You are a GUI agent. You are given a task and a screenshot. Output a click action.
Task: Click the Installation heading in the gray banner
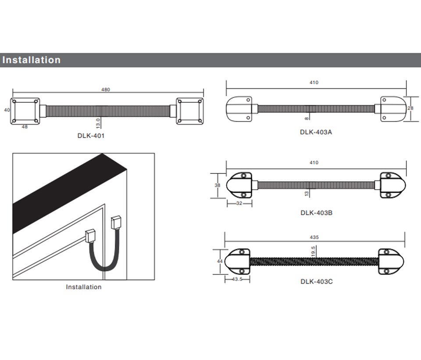(31, 60)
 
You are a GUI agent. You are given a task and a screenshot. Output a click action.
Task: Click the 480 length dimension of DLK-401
(106, 90)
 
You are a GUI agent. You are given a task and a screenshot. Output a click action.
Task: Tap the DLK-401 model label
(91, 136)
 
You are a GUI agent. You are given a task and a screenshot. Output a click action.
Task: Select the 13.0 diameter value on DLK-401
(98, 122)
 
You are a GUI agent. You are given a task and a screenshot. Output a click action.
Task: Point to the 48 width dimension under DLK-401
(25, 127)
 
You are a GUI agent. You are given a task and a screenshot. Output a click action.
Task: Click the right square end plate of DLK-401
(190, 111)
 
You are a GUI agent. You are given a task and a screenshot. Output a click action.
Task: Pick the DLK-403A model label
(316, 132)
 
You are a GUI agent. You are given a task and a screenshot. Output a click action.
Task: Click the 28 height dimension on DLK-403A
(410, 108)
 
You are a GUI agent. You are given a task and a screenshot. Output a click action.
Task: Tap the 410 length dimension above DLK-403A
(314, 83)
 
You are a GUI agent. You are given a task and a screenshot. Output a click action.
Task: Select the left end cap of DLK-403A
(239, 108)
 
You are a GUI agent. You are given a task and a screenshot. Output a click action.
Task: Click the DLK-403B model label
(316, 212)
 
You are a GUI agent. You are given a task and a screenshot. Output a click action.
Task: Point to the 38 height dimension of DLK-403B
(217, 185)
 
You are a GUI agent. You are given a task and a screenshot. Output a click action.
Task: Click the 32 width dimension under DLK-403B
(239, 203)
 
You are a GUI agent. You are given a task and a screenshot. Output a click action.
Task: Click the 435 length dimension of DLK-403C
(314, 237)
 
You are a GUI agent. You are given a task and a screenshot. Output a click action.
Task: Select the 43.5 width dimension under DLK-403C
(237, 279)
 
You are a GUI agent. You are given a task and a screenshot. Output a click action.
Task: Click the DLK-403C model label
(316, 281)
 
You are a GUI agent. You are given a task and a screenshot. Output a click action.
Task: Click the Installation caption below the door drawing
(83, 287)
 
